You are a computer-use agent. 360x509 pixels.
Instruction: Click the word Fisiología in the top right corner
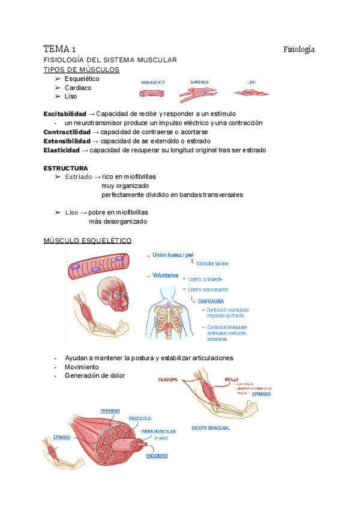[299, 49]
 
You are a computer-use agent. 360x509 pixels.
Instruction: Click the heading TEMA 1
[59, 49]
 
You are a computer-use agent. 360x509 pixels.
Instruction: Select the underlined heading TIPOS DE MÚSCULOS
[82, 70]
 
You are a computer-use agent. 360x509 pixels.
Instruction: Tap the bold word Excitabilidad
[65, 113]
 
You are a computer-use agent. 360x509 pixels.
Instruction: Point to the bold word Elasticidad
[61, 149]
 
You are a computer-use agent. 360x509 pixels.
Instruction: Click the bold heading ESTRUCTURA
[65, 168]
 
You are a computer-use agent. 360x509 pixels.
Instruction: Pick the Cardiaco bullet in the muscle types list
[77, 87]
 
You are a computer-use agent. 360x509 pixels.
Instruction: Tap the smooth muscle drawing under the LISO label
[251, 92]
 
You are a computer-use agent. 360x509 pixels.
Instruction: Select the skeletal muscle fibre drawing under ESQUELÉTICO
[152, 94]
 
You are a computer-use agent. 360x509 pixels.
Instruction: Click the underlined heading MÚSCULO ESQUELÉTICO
[88, 241]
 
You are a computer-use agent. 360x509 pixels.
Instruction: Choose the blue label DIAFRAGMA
[211, 303]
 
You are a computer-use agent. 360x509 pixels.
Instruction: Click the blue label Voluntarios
[166, 276]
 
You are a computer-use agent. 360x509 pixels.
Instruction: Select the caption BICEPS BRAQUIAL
[211, 428]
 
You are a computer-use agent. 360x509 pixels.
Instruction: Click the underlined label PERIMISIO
[109, 411]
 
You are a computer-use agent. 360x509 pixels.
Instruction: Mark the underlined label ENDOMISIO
[157, 456]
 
